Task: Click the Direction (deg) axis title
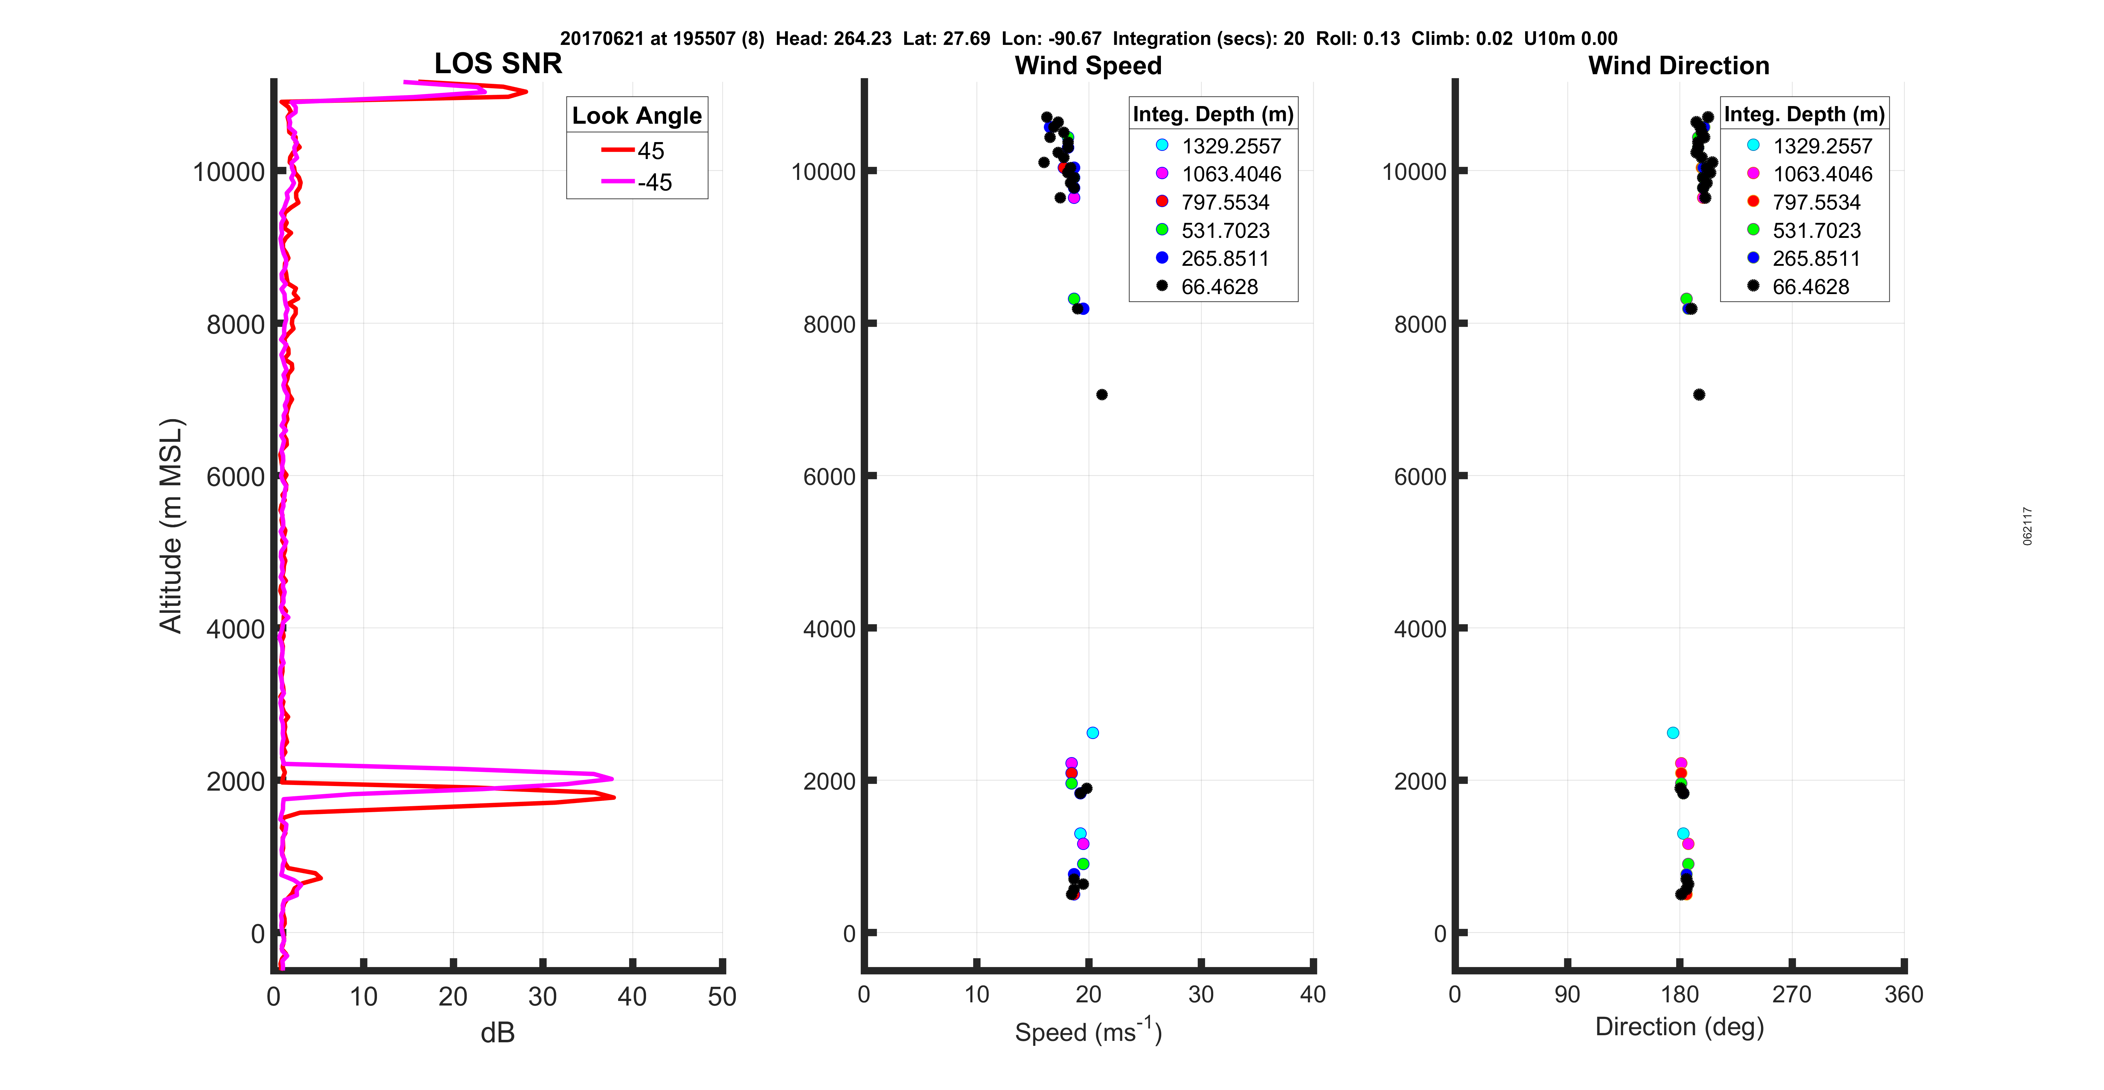[1679, 1026]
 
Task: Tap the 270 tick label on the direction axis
[1791, 995]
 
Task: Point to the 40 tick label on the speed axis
[1312, 995]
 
